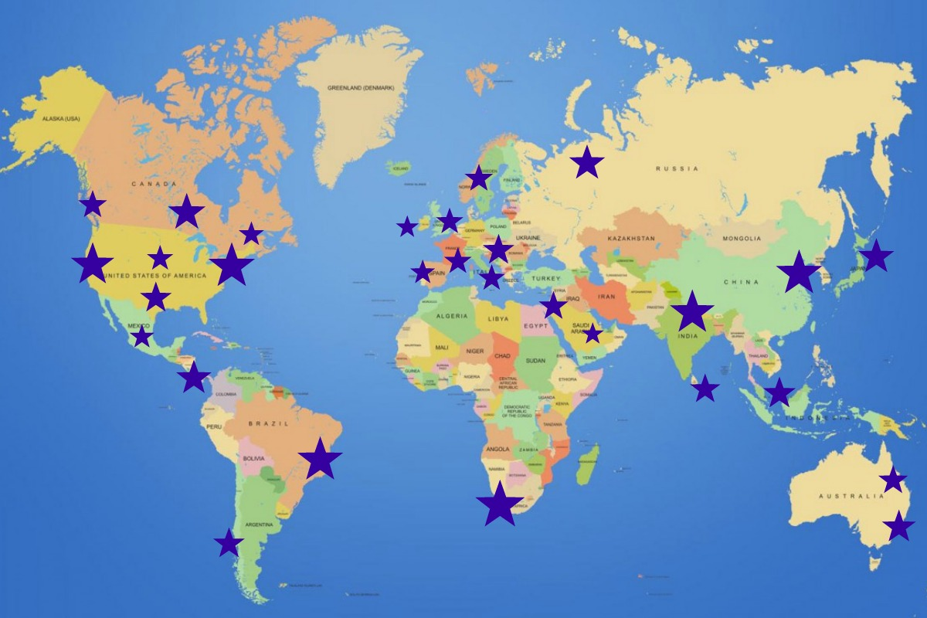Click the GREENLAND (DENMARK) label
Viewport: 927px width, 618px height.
[x=361, y=88]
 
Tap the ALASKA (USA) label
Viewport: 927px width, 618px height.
[x=61, y=119]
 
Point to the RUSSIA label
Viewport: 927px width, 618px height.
[x=677, y=168]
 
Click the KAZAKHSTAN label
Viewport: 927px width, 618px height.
[x=631, y=239]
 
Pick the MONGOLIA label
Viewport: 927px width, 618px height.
[x=742, y=239]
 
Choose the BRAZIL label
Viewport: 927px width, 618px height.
[x=268, y=423]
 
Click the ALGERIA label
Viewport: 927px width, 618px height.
[x=452, y=317]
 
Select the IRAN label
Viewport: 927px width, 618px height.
[x=606, y=297]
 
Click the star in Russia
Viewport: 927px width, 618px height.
[x=587, y=162]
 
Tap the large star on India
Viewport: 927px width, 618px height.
[x=692, y=312]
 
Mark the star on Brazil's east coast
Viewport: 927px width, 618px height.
[x=320, y=460]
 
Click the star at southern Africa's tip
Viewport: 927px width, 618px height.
[x=500, y=505]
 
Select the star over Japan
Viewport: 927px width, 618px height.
[x=876, y=256]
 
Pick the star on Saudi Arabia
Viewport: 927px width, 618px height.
[x=593, y=334]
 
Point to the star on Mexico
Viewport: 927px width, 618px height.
[x=142, y=337]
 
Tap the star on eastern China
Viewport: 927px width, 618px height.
[x=799, y=273]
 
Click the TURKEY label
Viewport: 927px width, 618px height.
[x=545, y=278]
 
